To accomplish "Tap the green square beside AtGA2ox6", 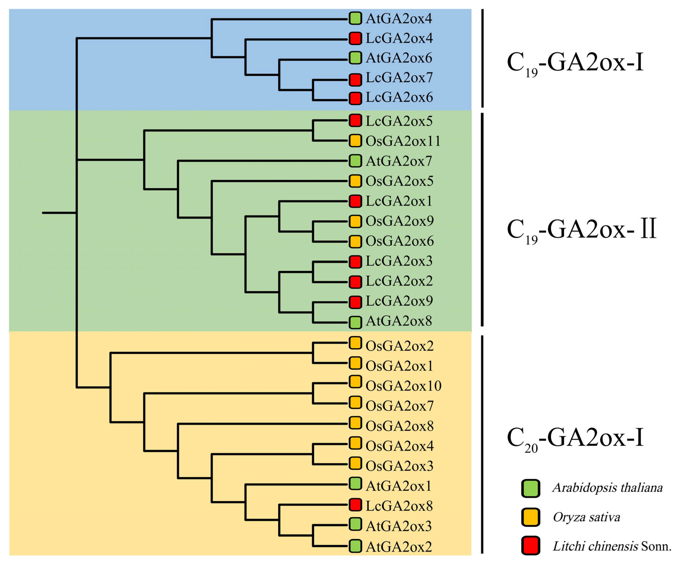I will point(355,58).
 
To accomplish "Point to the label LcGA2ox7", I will point(399,78).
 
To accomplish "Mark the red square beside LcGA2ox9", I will point(355,302).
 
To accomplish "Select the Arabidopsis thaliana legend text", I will point(608,488).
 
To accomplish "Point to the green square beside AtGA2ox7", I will point(355,161).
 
